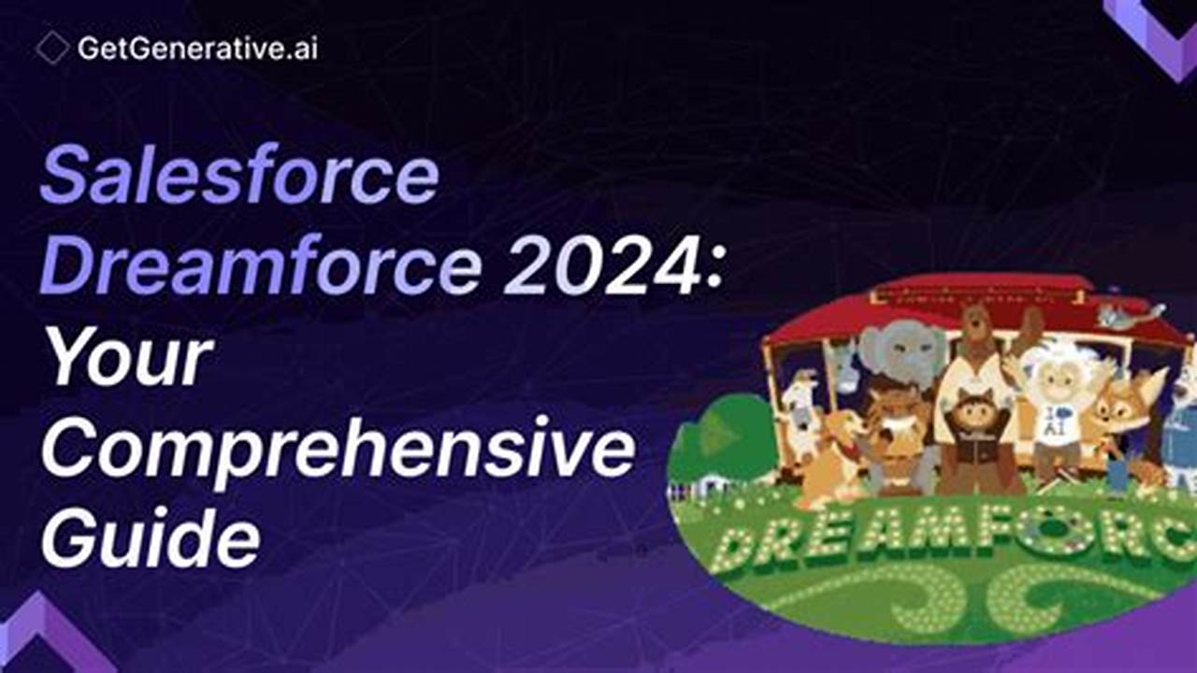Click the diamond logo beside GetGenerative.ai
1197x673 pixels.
coord(52,48)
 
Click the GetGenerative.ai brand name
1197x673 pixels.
coord(197,49)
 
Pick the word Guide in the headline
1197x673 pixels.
coord(150,539)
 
